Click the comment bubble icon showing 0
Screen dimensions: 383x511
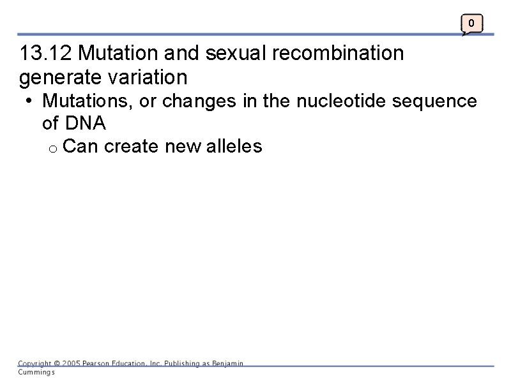(471, 24)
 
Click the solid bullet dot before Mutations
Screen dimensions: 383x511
(31, 101)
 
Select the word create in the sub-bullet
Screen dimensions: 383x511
(131, 146)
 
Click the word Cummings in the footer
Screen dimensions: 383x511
(36, 372)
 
